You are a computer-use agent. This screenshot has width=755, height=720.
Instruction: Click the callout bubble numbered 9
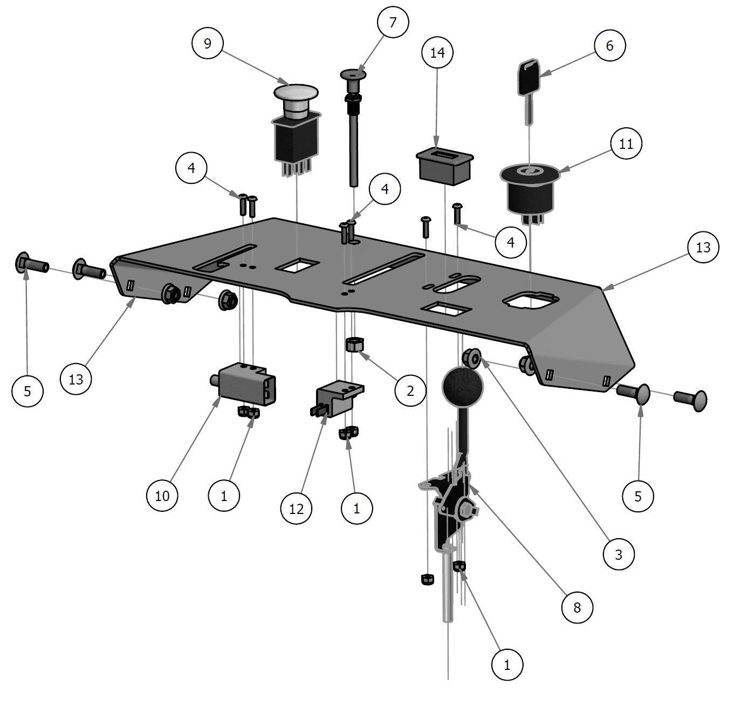pos(208,43)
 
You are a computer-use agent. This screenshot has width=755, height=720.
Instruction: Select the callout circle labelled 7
pos(393,22)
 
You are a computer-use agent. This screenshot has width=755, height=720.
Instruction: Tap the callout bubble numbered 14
pos(437,52)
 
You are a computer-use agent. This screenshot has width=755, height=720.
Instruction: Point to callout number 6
pos(609,45)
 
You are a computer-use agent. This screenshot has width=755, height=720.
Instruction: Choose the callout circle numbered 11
pos(626,144)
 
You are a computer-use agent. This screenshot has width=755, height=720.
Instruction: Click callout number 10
pos(162,495)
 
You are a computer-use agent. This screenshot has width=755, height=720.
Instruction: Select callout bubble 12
pos(297,508)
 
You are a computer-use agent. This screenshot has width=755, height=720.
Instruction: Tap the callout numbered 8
pos(577,607)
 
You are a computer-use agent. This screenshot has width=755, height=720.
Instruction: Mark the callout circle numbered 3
pos(619,554)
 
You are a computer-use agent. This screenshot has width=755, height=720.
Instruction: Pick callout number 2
pos(410,390)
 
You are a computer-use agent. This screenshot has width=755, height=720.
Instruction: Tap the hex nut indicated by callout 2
pos(353,344)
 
